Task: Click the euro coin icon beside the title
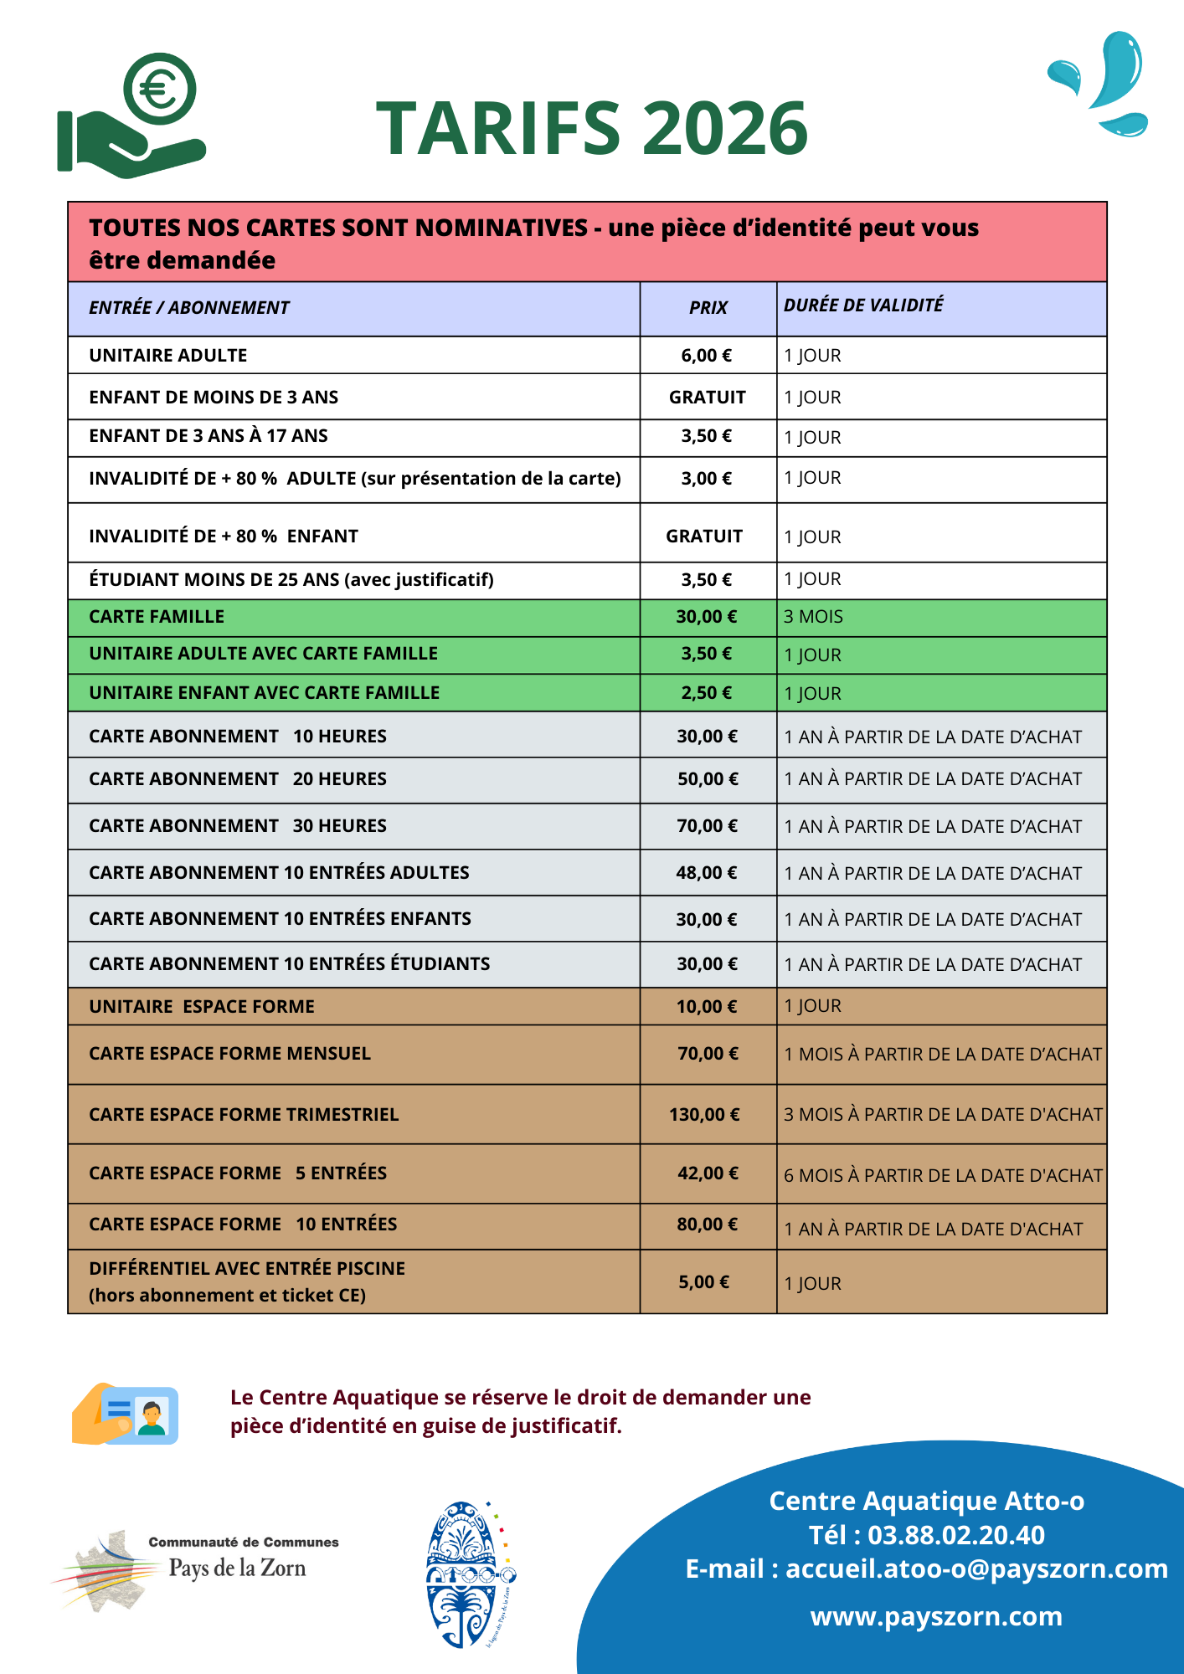[x=159, y=89]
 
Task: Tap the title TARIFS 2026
[x=591, y=128]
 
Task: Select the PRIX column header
[x=708, y=308]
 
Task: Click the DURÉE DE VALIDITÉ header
[x=863, y=306]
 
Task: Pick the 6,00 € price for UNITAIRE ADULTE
[x=706, y=356]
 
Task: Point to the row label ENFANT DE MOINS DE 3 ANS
[x=214, y=398]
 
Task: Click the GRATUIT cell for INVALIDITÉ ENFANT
[x=704, y=537]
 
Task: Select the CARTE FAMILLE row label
[x=157, y=617]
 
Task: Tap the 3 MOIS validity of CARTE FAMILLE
[x=813, y=617]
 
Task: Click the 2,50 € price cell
[x=706, y=693]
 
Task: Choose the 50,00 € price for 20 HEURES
[x=708, y=779]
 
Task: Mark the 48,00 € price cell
[x=707, y=873]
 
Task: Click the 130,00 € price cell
[x=704, y=1115]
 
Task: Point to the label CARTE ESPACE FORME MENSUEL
[x=229, y=1054]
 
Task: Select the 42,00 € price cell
[x=708, y=1173]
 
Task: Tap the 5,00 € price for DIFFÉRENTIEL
[x=703, y=1282]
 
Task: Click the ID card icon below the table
[x=126, y=1414]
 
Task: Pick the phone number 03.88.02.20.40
[x=955, y=1535]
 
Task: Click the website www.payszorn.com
[x=936, y=1616]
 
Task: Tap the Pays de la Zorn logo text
[x=237, y=1568]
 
